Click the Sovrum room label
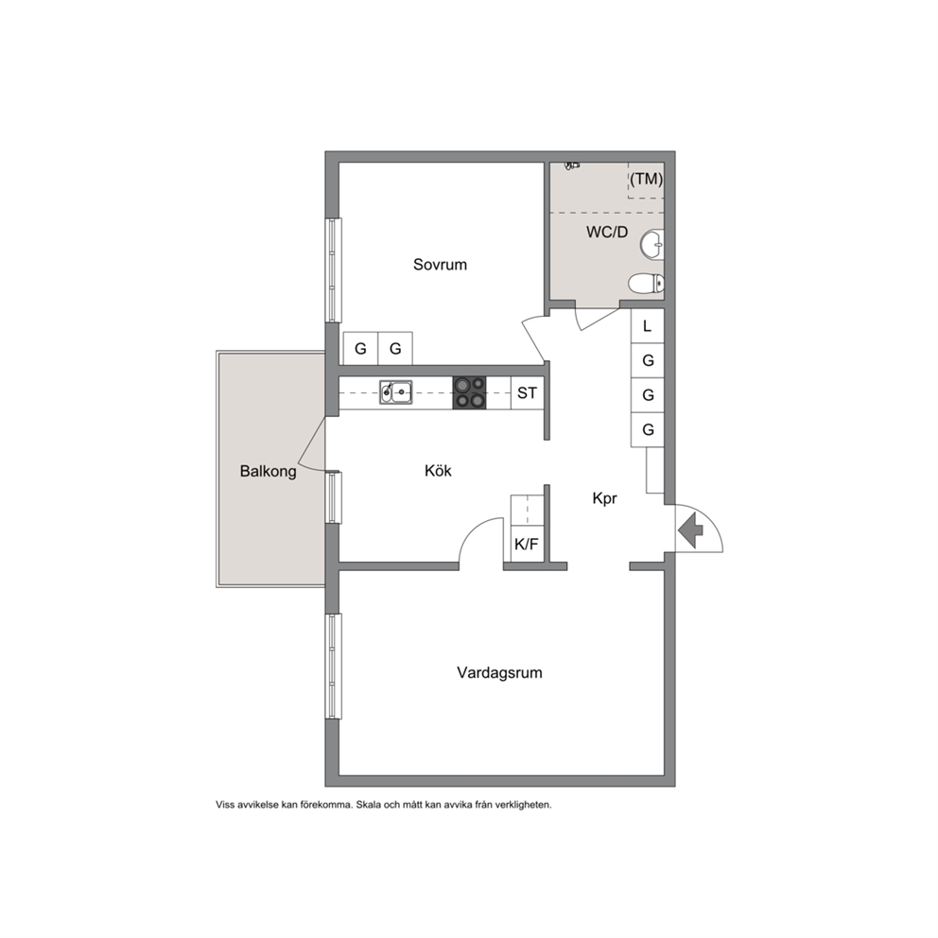440,265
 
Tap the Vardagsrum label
499,673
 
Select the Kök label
438,471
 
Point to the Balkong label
268,472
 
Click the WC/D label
607,232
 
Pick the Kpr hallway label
604,498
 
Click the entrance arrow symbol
691,530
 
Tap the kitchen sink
395,392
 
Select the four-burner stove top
469,392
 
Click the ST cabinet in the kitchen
527,392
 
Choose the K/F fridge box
527,543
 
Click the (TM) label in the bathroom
646,179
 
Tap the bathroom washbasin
652,245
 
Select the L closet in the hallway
648,326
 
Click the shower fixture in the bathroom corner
572,165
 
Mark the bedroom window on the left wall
333,269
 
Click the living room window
333,666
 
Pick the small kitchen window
333,497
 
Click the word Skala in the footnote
369,806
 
